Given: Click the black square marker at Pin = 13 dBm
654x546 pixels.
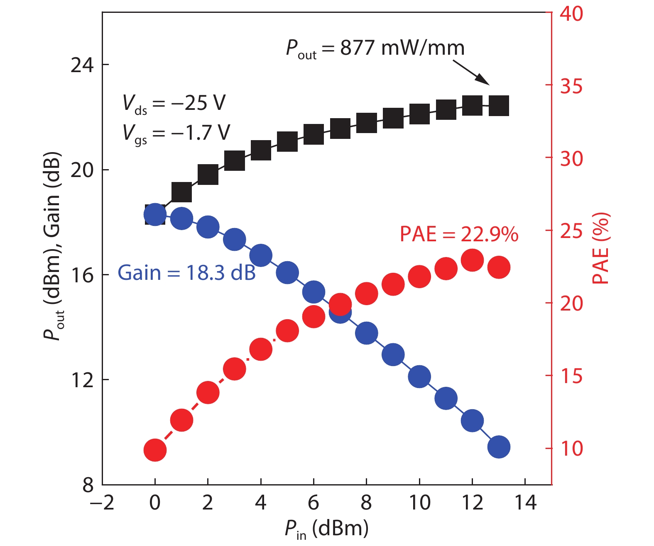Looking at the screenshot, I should [499, 106].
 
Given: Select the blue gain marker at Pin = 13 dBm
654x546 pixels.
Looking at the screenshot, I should [499, 447].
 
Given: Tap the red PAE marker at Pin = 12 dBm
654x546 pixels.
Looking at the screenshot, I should [472, 260].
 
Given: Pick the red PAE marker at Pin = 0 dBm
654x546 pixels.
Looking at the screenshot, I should [155, 450].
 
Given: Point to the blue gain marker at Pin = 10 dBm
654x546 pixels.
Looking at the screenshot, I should [419, 376].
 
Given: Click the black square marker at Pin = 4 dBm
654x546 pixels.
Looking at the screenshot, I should [261, 150].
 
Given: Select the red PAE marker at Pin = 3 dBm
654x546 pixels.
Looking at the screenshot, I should [234, 369].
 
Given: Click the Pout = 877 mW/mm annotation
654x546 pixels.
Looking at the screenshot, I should [375, 49].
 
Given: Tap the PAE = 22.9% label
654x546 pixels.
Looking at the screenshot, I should [459, 234].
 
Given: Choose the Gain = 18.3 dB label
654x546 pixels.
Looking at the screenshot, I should [186, 273].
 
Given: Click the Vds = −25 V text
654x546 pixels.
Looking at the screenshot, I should [174, 103].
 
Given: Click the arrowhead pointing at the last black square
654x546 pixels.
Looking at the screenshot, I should [483, 79].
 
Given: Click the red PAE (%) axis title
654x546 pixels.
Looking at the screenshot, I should [600, 248].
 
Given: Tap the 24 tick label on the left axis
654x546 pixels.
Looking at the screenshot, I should [82, 65].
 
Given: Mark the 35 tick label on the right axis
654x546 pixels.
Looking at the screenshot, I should [571, 86].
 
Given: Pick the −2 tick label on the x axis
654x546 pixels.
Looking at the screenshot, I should [102, 503].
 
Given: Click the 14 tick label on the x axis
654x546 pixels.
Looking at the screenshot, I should [525, 503].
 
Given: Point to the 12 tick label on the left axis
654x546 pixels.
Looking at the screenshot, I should [82, 380].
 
